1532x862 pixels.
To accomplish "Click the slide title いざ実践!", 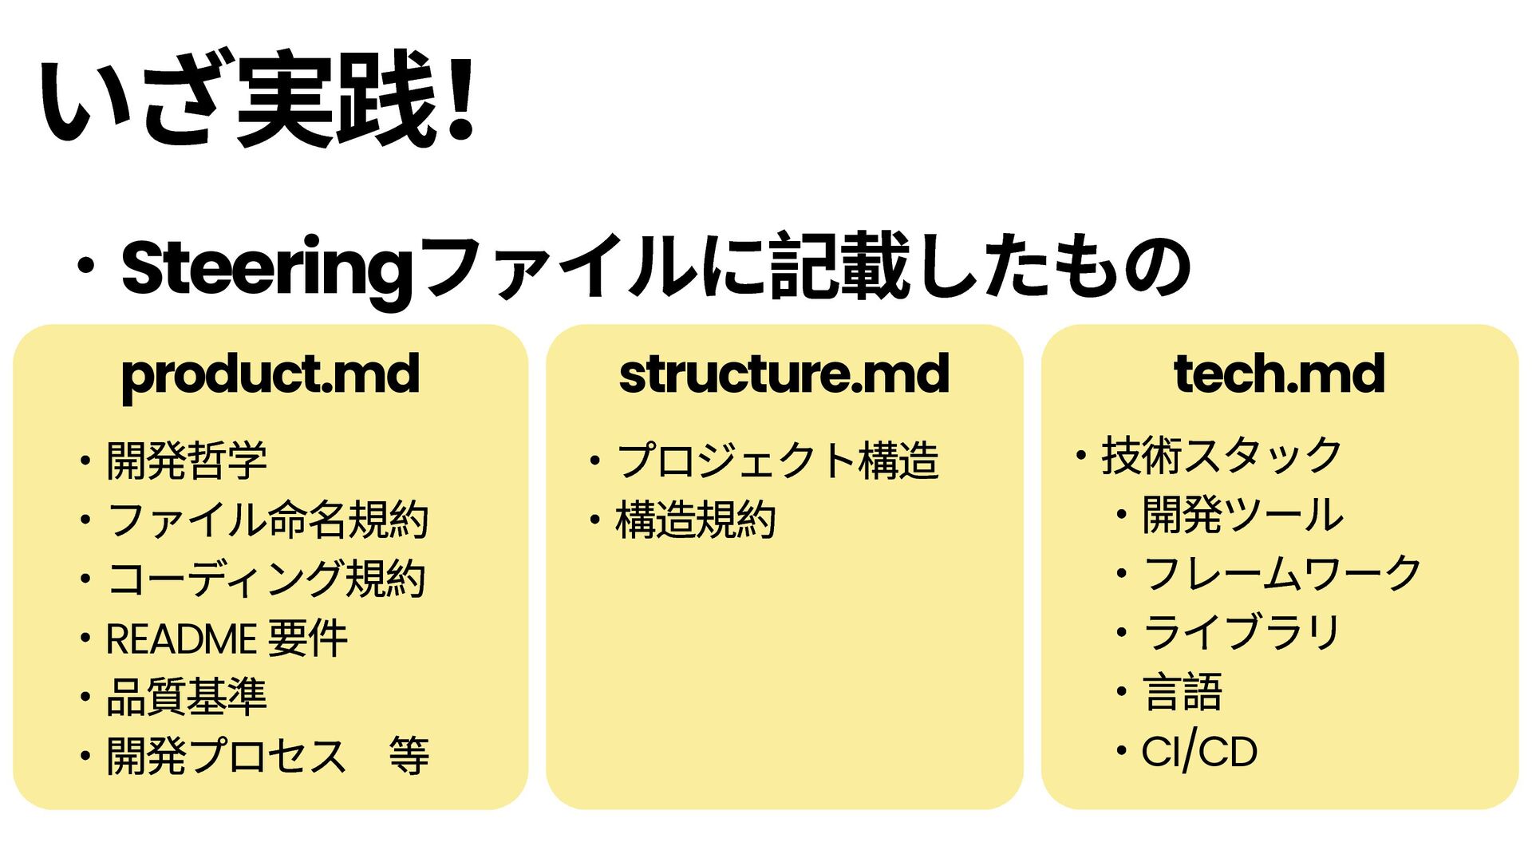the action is coord(257,99).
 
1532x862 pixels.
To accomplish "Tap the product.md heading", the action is coord(270,374).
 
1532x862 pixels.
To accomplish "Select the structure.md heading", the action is coord(784,374).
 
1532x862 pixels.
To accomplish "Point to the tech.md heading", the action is coord(1279,374).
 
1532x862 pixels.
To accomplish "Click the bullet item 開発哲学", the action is coord(187,461).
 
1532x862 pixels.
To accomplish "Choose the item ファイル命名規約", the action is coord(268,520).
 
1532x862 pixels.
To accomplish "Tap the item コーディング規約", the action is coord(267,579).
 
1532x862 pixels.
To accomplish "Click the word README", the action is coord(181,639).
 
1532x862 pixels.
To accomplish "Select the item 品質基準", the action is coord(187,697).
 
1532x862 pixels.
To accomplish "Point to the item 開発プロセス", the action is coord(227,756).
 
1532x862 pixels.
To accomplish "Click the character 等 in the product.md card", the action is coord(409,756).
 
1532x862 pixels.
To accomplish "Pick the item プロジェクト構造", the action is coord(777,461).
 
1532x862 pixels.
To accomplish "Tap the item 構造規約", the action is coord(696,520).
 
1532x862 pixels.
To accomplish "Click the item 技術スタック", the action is coord(1222,456).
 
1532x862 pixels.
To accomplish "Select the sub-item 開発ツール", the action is coord(1243,515).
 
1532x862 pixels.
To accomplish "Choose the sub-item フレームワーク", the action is coord(1282,574).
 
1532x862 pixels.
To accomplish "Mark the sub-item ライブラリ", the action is coord(1242,633).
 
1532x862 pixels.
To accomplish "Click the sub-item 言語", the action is coord(1183,692).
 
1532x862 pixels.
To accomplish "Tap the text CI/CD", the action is coord(1199,752).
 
